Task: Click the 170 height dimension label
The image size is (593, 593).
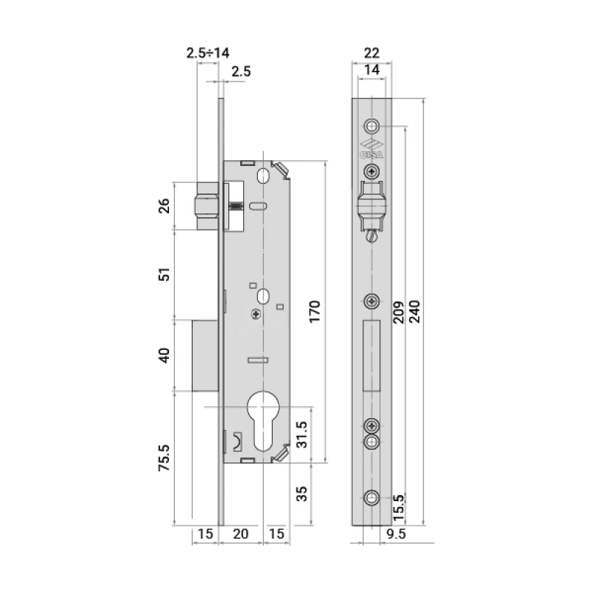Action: point(314,311)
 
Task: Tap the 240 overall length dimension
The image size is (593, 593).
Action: point(415,311)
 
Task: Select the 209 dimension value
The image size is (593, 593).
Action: point(398,312)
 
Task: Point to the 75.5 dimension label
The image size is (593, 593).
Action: point(164,458)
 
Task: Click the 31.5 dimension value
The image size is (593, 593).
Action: point(302,435)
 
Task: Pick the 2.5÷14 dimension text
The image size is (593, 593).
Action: point(208,53)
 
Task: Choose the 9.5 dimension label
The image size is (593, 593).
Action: point(396,534)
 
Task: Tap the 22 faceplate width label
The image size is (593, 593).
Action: point(371,53)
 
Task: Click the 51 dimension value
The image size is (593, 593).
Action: point(164,274)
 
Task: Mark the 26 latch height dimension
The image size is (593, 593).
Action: point(164,206)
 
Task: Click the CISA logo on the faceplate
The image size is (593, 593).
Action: point(371,149)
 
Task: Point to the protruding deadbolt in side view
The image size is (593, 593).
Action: point(205,356)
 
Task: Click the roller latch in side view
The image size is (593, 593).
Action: point(207,206)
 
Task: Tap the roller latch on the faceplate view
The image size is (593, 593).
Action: point(372,207)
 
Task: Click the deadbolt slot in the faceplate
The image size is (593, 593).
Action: point(371,356)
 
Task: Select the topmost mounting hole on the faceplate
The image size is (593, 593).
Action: point(372,126)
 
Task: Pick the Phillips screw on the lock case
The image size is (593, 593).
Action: point(256,314)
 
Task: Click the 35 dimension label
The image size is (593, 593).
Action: point(302,494)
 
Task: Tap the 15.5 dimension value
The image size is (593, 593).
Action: point(399,508)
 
